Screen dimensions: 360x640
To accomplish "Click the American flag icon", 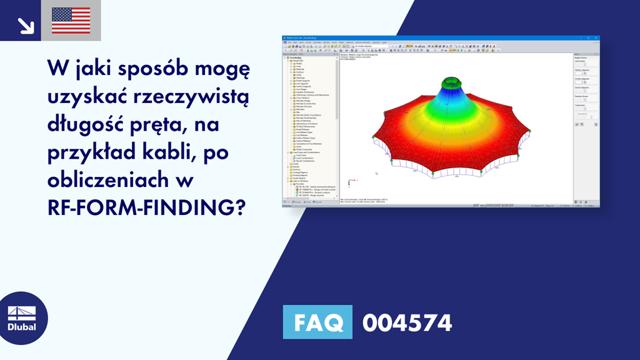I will (x=71, y=21).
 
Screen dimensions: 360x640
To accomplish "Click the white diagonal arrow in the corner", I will (x=26, y=24).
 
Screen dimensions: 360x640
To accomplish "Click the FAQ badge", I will (x=317, y=323).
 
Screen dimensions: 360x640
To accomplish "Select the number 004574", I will (x=407, y=323).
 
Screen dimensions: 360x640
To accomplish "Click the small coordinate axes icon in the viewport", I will (x=349, y=182).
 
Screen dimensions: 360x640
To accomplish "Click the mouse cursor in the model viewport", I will (x=376, y=173).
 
